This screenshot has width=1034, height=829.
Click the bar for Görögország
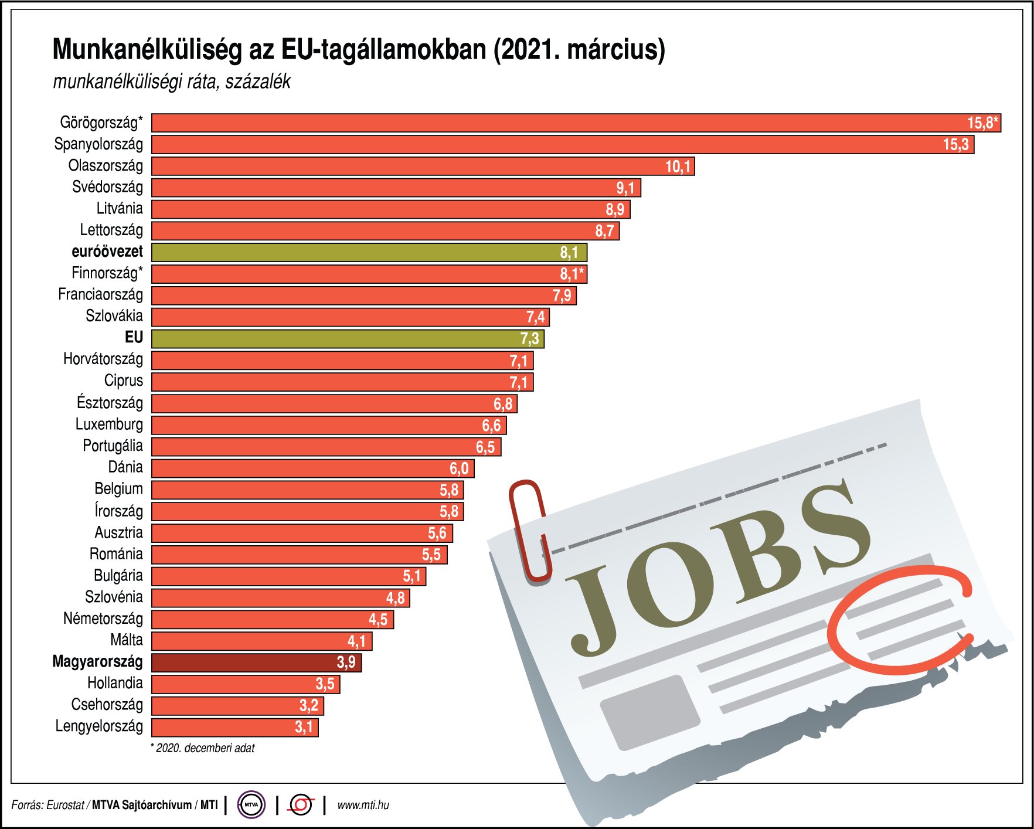pyautogui.click(x=574, y=123)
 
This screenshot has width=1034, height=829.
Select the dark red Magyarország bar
pyautogui.click(x=256, y=662)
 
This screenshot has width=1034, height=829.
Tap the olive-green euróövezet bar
pyautogui.click(x=369, y=252)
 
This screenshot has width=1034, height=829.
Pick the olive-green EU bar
pyautogui.click(x=348, y=338)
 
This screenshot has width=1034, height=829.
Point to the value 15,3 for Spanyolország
pyautogui.click(x=955, y=145)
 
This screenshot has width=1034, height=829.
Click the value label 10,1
pyautogui.click(x=678, y=167)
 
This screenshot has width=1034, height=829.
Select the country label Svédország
pyautogui.click(x=107, y=187)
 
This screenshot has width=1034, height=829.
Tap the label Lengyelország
pyautogui.click(x=99, y=726)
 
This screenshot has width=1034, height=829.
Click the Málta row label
pyautogui.click(x=126, y=640)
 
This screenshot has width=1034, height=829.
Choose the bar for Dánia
pyautogui.click(x=312, y=468)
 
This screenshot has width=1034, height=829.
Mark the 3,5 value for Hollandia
pyautogui.click(x=325, y=684)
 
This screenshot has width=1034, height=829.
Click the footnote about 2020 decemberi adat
pyautogui.click(x=203, y=748)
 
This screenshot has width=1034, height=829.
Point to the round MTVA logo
pyautogui.click(x=251, y=805)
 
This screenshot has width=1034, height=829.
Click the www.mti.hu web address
pyautogui.click(x=363, y=805)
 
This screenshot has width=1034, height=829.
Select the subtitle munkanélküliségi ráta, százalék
pyautogui.click(x=172, y=81)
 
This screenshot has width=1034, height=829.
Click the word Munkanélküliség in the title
pyautogui.click(x=147, y=49)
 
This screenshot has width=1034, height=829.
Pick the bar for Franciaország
pyautogui.click(x=363, y=295)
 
